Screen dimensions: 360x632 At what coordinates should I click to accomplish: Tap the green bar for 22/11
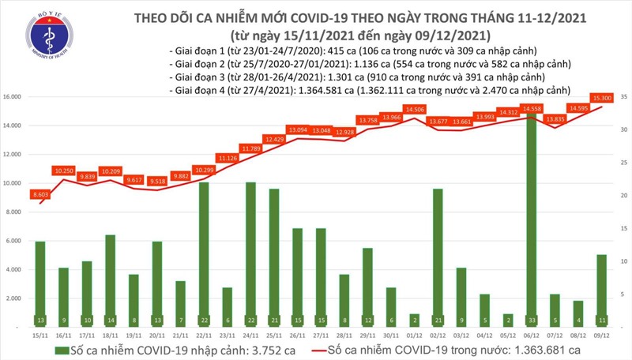point(203,253)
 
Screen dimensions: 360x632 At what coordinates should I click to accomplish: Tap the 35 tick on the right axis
point(623,97)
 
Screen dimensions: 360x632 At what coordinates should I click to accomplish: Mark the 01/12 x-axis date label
point(414,335)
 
